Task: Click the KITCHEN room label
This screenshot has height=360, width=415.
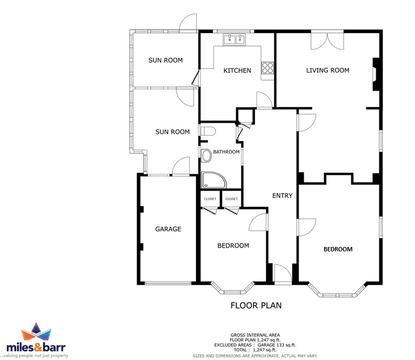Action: [237, 70]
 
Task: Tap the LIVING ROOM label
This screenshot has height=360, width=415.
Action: [327, 70]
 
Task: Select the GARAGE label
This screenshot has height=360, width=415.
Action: [168, 229]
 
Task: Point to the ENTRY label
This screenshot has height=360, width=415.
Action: [283, 196]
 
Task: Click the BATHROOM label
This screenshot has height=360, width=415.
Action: [226, 152]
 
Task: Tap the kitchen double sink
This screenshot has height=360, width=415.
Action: [235, 39]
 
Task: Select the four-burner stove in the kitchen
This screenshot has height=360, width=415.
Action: [267, 68]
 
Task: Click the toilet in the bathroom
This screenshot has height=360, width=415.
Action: [208, 131]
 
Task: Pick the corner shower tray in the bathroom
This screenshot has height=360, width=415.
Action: [213, 180]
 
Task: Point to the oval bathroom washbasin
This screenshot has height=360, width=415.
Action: [206, 156]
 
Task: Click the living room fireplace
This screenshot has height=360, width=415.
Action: [376, 75]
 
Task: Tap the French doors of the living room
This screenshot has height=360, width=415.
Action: [327, 40]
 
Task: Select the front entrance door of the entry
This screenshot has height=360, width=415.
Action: [283, 274]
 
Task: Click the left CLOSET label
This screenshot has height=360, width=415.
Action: [210, 199]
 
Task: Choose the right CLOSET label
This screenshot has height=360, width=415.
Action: [232, 199]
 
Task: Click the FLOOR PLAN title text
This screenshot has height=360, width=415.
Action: [256, 305]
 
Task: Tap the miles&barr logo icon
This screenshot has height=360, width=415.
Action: [36, 332]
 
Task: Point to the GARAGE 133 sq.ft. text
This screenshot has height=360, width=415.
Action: [277, 345]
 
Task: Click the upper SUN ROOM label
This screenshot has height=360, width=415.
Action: [165, 61]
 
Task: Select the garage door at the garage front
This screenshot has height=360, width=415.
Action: [168, 283]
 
